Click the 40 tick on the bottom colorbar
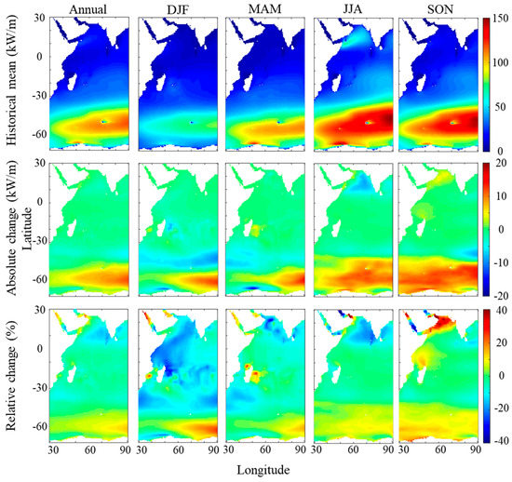coord(497,310)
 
